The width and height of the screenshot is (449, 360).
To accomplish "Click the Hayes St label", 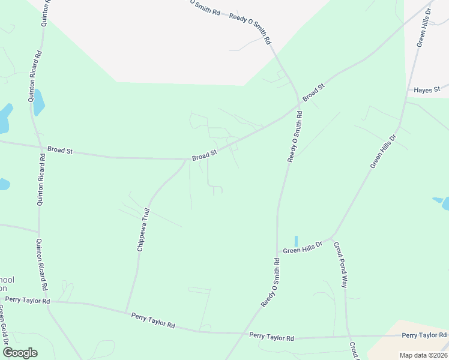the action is tap(427, 89).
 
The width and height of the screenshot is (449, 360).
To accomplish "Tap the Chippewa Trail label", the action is tap(143, 230).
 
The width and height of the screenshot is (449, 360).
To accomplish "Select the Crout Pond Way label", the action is tap(340, 265).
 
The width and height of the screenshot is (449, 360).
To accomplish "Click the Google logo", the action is tap(20, 353).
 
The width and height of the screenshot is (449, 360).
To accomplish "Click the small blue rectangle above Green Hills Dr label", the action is tap(296, 241).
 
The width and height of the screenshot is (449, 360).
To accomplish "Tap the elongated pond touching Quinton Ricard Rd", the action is tap(38, 102).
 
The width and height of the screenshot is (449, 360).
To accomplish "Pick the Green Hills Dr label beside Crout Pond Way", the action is tap(303, 246).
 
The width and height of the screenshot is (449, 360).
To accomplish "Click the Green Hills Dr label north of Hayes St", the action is tap(424, 27).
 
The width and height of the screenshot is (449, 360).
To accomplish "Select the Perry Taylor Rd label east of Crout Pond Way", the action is tap(424, 335).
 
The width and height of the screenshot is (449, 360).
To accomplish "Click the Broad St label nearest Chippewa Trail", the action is tap(204, 155).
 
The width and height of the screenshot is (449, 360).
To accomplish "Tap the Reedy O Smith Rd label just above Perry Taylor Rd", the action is tap(271, 283).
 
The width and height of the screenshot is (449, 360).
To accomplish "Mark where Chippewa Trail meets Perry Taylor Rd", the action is tap(126, 312).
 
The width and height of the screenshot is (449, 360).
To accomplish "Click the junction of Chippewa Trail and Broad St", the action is tap(187, 160).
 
